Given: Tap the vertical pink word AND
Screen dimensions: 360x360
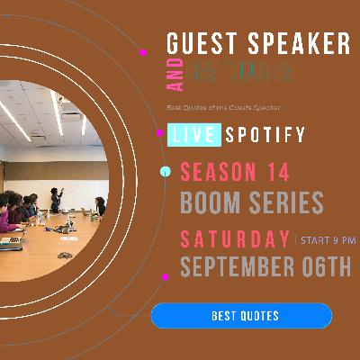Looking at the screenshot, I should click(176, 75).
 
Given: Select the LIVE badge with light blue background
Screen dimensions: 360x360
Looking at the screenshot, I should click(193, 136).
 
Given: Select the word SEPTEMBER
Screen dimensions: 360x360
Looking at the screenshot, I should click(238, 268).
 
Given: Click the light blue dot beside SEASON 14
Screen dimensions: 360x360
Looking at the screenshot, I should click(164, 171).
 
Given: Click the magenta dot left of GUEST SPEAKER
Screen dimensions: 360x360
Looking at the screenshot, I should click(143, 52).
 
